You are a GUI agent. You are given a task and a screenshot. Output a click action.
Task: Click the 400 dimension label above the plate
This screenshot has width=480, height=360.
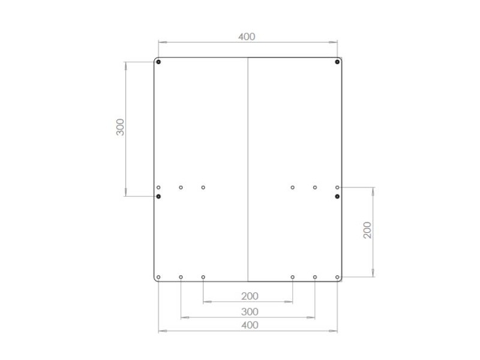pos(247,37)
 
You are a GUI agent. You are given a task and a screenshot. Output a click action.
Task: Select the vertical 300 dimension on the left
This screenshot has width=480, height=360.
pos(121,127)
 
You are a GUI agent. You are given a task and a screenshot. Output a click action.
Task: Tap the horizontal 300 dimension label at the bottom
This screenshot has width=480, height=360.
pos(250,311)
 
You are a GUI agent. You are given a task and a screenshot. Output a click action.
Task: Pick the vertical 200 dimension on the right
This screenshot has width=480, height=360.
pos(368,230)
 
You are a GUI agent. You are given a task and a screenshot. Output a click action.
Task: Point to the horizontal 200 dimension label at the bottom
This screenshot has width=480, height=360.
pos(250,296)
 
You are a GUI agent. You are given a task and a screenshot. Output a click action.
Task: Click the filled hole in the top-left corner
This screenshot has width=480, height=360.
pos(158,62)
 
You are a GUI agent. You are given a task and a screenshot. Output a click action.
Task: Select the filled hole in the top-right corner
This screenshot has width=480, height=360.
pos(338,62)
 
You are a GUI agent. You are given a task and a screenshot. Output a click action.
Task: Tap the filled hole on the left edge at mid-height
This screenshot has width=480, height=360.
pos(158,196)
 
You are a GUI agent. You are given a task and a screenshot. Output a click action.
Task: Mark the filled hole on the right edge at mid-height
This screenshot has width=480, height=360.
pos(338,196)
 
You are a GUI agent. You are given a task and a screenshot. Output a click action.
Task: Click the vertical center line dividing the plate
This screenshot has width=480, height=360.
pos(248,168)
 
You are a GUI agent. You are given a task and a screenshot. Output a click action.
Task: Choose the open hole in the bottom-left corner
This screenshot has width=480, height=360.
pos(158,277)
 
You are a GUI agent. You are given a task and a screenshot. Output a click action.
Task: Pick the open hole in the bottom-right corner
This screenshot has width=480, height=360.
pos(338,277)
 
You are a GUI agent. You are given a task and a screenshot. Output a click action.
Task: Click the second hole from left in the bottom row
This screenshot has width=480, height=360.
pos(181,277)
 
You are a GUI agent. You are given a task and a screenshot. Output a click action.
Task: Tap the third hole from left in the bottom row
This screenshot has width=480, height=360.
pos(203,277)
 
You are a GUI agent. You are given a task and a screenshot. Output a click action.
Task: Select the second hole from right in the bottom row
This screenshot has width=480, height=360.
pos(315,277)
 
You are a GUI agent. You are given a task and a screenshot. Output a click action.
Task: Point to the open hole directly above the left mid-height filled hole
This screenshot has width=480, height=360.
pos(158,188)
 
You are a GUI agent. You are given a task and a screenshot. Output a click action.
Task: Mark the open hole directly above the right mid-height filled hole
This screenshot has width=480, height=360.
pos(338,188)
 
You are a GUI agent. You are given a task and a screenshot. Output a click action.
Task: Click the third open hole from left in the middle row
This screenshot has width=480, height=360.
pos(203,188)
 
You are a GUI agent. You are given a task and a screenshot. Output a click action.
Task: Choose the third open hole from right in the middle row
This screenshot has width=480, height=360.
pos(293,188)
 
